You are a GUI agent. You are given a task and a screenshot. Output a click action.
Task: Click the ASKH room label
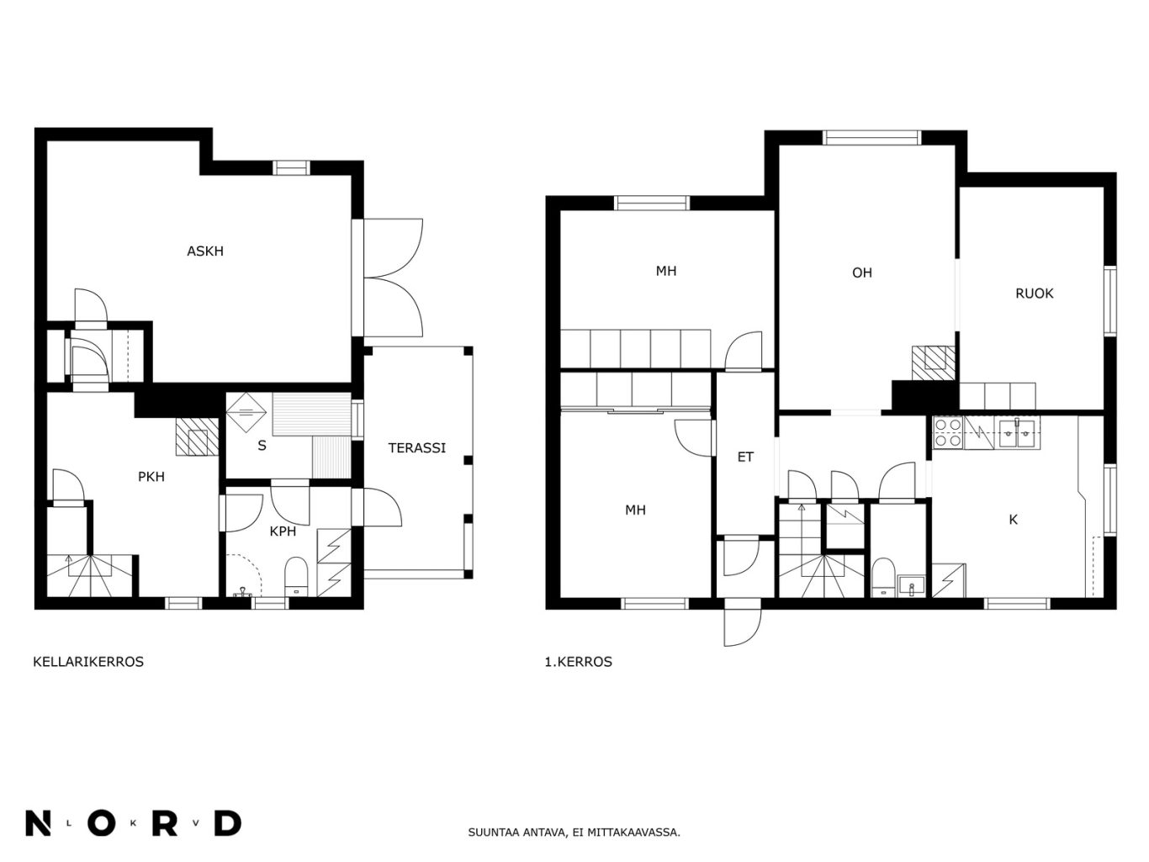(205, 251)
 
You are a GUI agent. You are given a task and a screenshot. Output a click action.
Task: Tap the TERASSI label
(416, 448)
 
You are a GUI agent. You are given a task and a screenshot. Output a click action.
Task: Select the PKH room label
(151, 477)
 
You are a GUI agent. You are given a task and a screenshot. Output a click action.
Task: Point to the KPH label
(283, 531)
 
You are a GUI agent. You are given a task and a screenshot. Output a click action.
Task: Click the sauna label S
(262, 446)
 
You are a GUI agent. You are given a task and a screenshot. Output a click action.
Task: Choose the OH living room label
(862, 272)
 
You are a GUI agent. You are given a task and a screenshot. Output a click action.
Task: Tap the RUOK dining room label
(1034, 294)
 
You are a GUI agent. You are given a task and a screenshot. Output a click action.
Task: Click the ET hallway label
(745, 457)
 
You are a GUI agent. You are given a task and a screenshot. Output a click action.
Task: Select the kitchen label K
(1013, 520)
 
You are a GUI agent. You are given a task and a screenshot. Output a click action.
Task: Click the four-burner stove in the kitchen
(948, 433)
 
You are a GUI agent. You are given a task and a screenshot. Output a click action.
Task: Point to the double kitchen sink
(1015, 433)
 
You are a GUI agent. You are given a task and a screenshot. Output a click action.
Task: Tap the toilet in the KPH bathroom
(296, 577)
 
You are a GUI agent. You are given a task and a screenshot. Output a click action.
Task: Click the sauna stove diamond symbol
(246, 412)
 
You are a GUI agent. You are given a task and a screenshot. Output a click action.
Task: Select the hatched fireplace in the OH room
(934, 363)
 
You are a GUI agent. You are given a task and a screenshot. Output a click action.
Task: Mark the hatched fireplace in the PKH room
(197, 437)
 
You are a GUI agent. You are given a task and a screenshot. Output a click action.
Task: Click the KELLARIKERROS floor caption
(88, 662)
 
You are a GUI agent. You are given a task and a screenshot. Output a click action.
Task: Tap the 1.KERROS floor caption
(578, 662)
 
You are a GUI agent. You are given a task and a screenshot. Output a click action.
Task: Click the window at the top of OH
(871, 138)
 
